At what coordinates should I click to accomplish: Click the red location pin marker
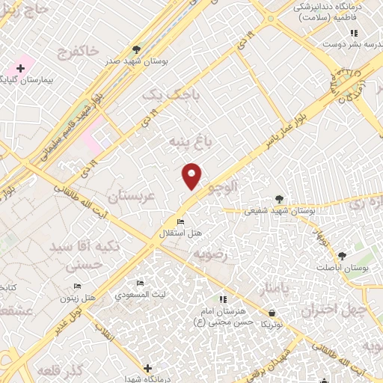coord(192,175)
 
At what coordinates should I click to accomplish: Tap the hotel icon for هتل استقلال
coord(180,222)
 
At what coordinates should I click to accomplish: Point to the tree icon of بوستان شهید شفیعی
coord(279,199)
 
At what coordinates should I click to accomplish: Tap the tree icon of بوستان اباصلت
coord(341,256)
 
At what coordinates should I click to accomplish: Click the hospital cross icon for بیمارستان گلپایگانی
coord(20,68)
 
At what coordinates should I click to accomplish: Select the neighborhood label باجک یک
coord(162,94)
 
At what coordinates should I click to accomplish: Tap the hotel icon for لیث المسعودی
coord(140,284)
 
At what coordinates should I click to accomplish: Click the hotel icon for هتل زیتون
coord(77,287)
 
